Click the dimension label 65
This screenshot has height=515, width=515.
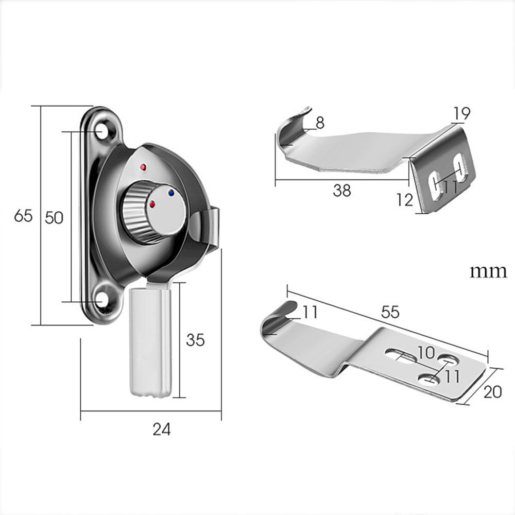23,216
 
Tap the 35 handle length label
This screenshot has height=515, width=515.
195,340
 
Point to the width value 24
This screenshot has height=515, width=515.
161,428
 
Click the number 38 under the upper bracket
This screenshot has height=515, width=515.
341,190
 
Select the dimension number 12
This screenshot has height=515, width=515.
405,199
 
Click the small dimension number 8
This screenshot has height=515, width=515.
320,123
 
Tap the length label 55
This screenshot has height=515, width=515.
390,312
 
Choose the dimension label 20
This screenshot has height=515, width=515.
493,392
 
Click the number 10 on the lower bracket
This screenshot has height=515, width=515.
426,353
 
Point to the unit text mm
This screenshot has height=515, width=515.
488,272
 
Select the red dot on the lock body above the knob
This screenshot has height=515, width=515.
143,168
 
